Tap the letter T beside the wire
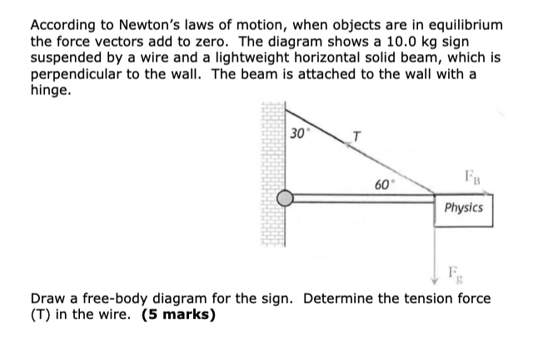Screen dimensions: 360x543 click(356, 135)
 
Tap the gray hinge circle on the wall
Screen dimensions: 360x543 click(285, 198)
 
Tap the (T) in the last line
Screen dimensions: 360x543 click(42, 315)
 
